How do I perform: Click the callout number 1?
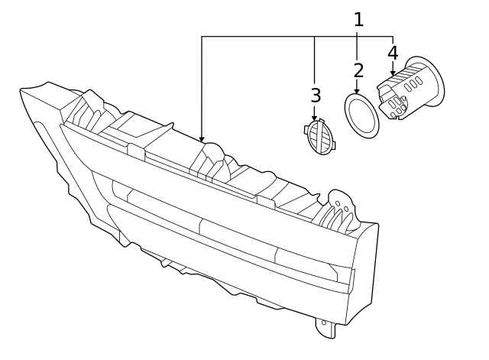(x=358, y=20)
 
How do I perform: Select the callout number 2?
(x=358, y=71)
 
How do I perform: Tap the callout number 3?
(x=316, y=96)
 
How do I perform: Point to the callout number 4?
(x=393, y=53)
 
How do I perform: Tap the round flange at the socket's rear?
(x=429, y=80)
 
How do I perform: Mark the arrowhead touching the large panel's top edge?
(x=202, y=140)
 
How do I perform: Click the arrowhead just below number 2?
(x=357, y=91)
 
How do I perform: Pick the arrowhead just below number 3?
(x=314, y=118)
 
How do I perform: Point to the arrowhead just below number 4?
(x=393, y=73)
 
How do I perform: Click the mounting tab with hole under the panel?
(x=325, y=326)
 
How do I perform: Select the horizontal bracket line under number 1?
(x=298, y=36)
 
